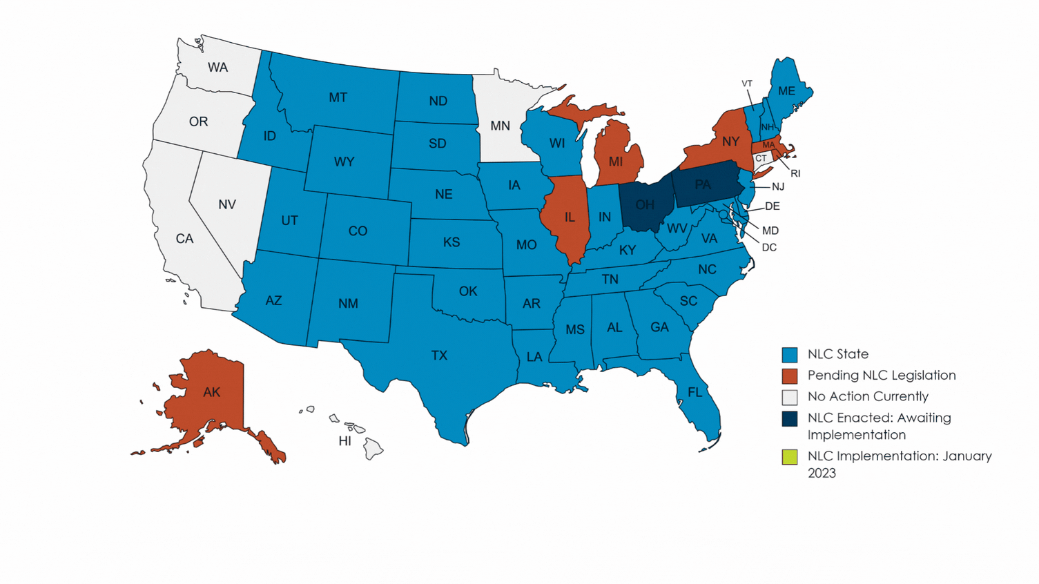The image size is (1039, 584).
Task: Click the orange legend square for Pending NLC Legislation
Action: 790,376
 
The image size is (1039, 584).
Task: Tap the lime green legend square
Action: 790,457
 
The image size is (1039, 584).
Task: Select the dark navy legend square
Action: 790,418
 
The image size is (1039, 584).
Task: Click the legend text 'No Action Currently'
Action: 868,396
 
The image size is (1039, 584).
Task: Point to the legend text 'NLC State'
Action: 838,354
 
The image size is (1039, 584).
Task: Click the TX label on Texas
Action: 439,356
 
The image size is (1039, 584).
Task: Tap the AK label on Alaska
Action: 212,392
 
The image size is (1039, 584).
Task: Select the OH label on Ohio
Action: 645,205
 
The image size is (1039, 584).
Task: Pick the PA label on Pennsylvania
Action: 703,184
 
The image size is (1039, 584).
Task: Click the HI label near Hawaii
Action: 345,441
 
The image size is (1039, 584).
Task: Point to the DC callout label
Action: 769,247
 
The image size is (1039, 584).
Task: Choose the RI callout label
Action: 795,173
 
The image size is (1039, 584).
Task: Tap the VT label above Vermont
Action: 747,84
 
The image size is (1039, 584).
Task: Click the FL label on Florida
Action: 695,392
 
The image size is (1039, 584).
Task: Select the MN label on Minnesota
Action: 500,126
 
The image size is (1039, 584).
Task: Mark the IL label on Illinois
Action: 570,217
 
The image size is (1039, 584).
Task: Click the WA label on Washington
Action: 217,67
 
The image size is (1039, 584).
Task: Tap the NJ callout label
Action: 778,186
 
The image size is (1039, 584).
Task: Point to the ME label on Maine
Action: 786,91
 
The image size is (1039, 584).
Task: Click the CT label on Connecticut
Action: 761,158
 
